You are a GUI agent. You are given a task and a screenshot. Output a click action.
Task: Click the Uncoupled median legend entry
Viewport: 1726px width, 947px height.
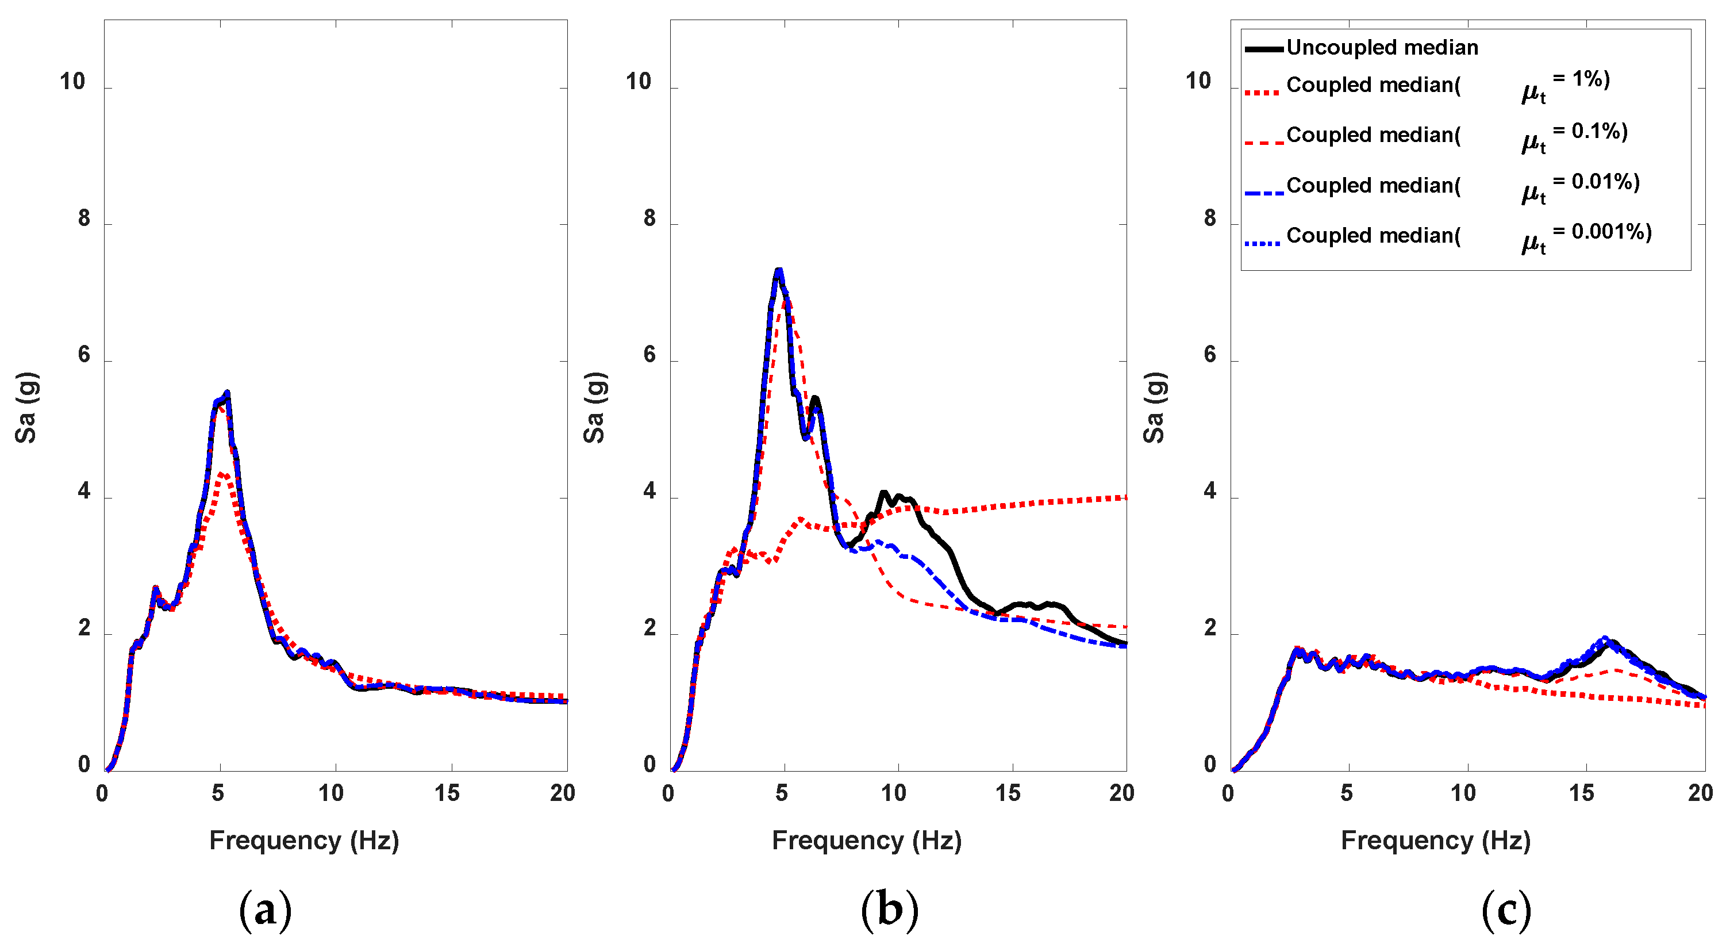point(1382,48)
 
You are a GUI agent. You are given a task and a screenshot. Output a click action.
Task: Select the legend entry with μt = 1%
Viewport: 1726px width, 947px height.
point(1427,85)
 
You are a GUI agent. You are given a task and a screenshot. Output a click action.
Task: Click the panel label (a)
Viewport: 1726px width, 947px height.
point(266,910)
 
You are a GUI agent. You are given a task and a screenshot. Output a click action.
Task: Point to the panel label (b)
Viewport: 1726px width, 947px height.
point(889,910)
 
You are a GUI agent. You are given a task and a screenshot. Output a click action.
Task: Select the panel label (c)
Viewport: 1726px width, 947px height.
point(1506,910)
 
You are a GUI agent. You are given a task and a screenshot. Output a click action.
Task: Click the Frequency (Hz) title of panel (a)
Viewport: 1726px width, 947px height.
point(304,841)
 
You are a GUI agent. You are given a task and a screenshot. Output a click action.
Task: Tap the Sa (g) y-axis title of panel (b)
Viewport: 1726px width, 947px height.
point(594,408)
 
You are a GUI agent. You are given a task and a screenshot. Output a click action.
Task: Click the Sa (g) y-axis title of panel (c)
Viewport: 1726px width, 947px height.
point(1154,408)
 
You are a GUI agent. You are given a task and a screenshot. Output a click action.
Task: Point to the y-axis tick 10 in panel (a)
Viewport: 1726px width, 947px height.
point(72,82)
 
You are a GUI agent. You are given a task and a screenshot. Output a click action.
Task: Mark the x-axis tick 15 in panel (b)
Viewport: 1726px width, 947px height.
point(1008,793)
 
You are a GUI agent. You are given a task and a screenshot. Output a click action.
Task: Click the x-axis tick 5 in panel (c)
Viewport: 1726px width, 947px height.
point(1347,793)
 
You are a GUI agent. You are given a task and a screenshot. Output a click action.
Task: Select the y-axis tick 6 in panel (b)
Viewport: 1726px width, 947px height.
point(649,355)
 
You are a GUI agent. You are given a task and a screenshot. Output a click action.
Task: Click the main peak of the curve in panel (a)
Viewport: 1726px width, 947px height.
point(226,393)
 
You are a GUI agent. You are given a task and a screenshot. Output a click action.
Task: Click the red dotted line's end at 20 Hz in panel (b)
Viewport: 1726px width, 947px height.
point(1124,498)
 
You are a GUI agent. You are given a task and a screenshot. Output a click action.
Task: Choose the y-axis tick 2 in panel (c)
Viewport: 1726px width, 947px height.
point(1209,628)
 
